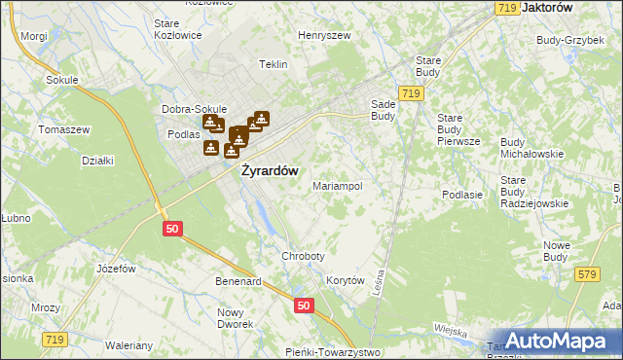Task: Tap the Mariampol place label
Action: coord(337,185)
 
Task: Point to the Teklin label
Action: coord(274,64)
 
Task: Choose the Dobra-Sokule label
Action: coord(195,109)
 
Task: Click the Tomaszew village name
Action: coord(63,129)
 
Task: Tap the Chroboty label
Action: coord(303,256)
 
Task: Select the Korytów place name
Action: coord(345,280)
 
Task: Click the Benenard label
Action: coord(238,281)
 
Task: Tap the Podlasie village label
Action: coord(462,195)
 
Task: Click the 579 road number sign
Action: coord(585,275)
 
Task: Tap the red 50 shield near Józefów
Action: coord(171,228)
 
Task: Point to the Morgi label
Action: coord(33,36)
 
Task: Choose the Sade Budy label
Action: coord(382,108)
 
